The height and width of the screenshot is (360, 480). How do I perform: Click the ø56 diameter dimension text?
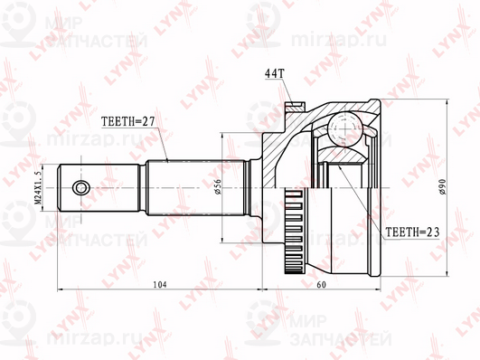click(x=218, y=186)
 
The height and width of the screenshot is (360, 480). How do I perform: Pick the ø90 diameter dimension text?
click(x=442, y=186)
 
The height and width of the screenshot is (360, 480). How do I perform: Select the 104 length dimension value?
click(x=159, y=285)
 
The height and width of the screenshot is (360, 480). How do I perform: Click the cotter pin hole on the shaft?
click(x=81, y=187)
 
